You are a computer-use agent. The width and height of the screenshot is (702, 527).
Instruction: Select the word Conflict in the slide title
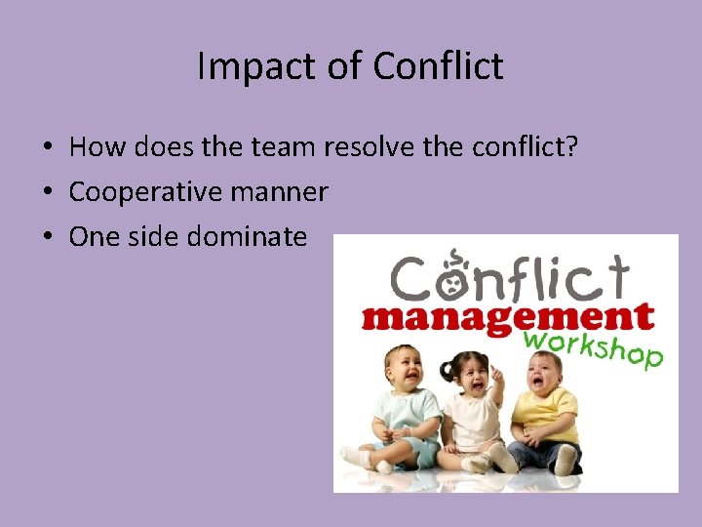pyautogui.click(x=438, y=66)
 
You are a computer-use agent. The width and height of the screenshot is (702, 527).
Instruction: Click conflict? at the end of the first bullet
pyautogui.click(x=526, y=147)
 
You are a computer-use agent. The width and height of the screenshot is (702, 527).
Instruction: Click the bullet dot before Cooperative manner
pyautogui.click(x=47, y=192)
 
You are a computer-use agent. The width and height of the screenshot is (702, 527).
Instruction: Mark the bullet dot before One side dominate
pyautogui.click(x=47, y=236)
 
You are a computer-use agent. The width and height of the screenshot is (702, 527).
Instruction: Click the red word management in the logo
pyautogui.click(x=507, y=317)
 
